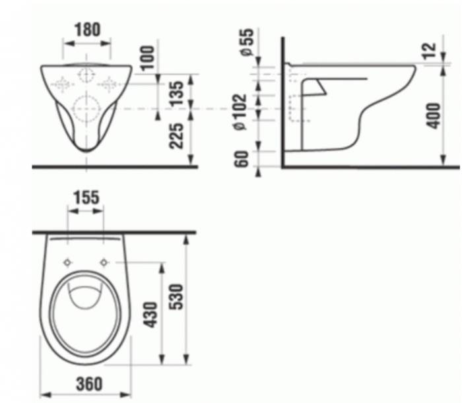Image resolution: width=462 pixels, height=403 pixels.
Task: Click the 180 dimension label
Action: pyautogui.click(x=87, y=30)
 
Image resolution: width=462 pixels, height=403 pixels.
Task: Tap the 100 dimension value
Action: pyautogui.click(x=148, y=57)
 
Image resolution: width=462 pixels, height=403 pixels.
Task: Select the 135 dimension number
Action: pyautogui.click(x=176, y=94)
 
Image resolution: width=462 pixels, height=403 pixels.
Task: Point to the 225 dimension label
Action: pyautogui.click(x=176, y=136)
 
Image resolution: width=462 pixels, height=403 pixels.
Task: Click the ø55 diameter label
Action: pyautogui.click(x=247, y=42)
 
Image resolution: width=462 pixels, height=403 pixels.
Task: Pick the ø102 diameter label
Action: pyautogui.click(x=240, y=111)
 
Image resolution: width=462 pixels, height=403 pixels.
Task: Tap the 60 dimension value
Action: pyautogui.click(x=242, y=159)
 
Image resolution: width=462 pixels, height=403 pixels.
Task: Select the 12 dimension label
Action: pyautogui.click(x=429, y=51)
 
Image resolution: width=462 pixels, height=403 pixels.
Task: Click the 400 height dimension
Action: pyautogui.click(x=434, y=115)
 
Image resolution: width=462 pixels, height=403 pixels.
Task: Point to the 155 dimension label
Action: pyautogui.click(x=86, y=197)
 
